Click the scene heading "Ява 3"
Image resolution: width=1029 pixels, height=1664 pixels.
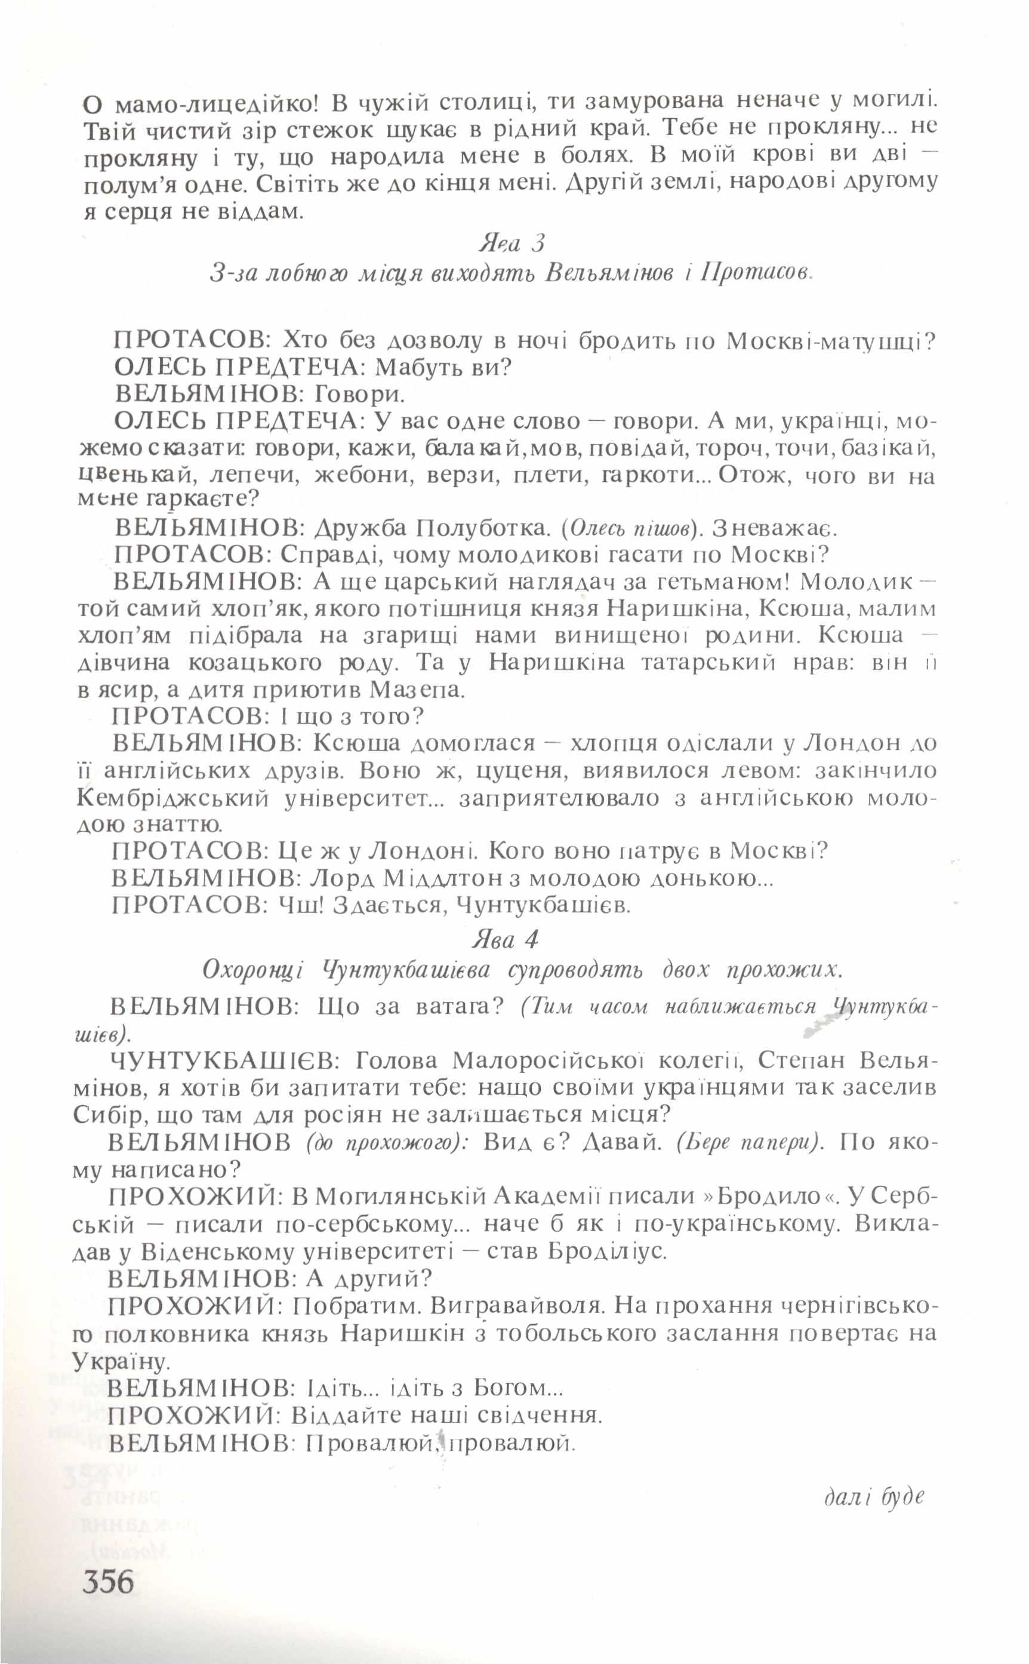tap(512, 243)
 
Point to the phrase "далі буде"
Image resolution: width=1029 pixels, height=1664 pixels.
tap(875, 1497)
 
